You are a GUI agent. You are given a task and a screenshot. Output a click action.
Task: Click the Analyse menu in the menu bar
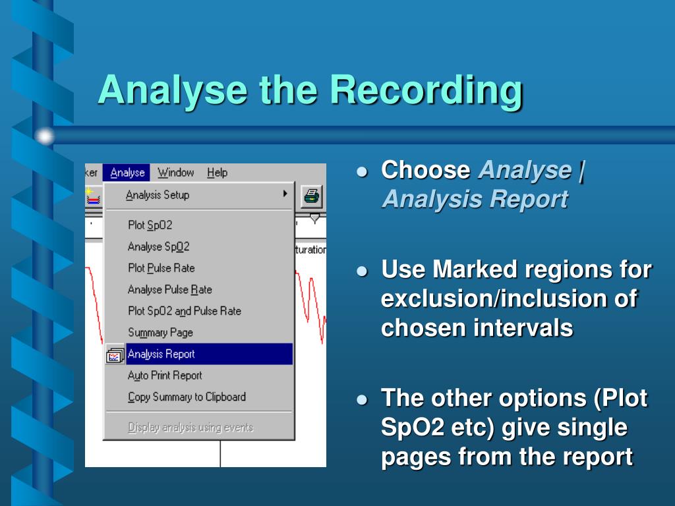pos(127,173)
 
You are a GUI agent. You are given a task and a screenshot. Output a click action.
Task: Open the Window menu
pos(175,173)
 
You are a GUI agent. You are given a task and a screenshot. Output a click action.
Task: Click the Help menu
pos(217,173)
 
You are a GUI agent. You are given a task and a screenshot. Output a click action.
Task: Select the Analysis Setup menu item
pos(158,195)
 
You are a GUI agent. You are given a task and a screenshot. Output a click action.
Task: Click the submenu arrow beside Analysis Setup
pos(285,194)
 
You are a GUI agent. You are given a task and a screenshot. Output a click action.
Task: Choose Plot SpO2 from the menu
pos(150,225)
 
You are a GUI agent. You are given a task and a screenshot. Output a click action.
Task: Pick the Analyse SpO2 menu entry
pos(158,246)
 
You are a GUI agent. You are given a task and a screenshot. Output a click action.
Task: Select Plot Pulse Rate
pos(161,268)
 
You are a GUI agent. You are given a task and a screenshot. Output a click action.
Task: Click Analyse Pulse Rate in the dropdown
pos(169,290)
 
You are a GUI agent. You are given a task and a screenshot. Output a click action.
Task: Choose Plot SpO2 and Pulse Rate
pos(185,311)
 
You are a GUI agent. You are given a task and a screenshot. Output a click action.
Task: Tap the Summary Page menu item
pos(160,333)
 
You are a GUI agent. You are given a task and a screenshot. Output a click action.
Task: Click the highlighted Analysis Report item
pos(209,354)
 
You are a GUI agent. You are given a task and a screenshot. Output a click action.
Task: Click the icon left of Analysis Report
pos(115,354)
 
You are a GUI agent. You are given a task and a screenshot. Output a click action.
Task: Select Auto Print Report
pos(164,376)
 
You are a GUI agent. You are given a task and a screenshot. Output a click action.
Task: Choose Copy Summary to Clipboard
pos(187,397)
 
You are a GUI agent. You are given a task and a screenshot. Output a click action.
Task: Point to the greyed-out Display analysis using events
pos(191,427)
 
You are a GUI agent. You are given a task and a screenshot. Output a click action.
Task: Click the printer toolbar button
pos(312,196)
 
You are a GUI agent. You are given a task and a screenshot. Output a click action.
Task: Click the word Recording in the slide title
pos(426,91)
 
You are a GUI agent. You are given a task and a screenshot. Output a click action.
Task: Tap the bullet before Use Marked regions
pos(363,271)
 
